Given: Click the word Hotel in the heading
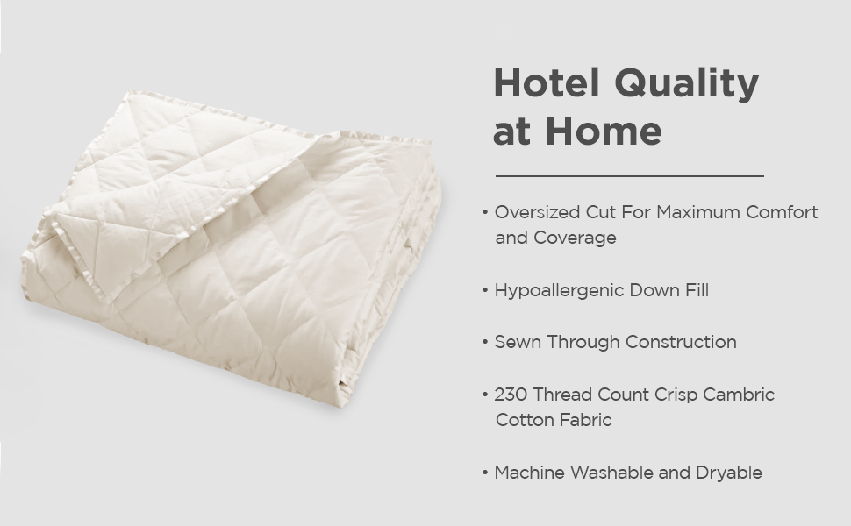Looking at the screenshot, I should click(x=547, y=84).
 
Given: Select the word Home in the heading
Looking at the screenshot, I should click(x=604, y=131).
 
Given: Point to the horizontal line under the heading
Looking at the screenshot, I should click(x=629, y=176).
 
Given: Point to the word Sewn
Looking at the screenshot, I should click(x=518, y=342).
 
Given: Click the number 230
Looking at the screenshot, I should click(x=510, y=394).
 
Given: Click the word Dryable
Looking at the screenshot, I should click(x=728, y=473).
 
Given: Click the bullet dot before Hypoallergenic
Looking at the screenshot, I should click(x=485, y=291).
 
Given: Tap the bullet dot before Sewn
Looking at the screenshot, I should click(x=485, y=343).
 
